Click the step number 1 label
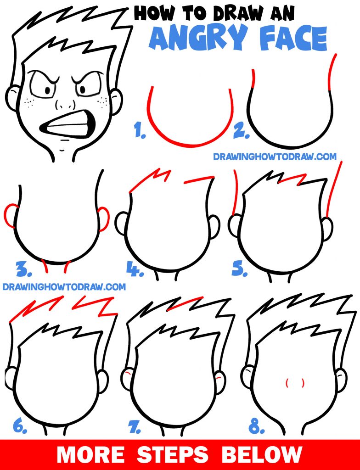(x=140, y=132)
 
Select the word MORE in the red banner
(x=90, y=454)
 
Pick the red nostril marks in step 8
(x=295, y=382)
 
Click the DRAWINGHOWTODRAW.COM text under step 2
(x=275, y=157)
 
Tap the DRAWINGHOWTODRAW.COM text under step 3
(x=64, y=287)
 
